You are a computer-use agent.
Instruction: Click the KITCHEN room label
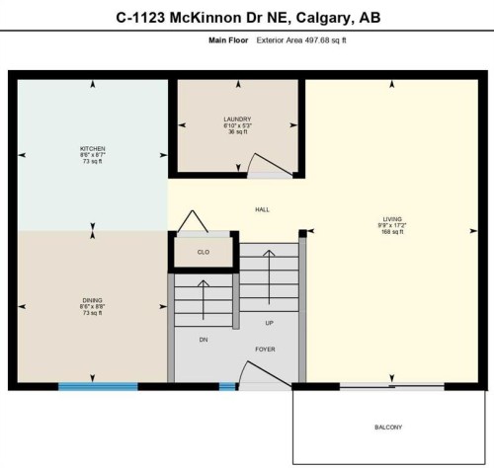coord(93,148)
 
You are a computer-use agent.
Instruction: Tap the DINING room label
coord(93,299)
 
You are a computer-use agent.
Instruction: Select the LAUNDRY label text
coord(237,119)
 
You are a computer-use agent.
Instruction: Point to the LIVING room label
coord(393,219)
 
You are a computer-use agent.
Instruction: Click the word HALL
coord(263,209)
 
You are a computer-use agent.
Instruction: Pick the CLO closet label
coord(204,252)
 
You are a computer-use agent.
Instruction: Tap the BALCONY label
coord(388,427)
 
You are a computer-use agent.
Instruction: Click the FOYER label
coord(265,350)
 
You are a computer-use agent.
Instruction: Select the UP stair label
coord(269,323)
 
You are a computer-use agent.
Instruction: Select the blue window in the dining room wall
coord(97,387)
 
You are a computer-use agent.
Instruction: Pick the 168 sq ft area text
coord(393,233)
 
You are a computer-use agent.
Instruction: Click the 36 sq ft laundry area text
coord(237,133)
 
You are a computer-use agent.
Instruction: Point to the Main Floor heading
coord(227,40)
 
